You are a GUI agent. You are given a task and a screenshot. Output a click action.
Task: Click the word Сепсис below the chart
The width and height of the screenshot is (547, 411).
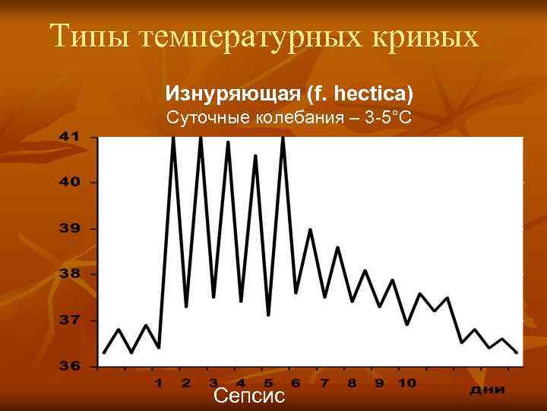tap(249, 396)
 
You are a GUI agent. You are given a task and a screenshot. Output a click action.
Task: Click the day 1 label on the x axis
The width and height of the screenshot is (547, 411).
tap(160, 382)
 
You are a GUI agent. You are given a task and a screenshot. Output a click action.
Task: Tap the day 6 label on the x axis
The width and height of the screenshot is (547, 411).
tap(296, 382)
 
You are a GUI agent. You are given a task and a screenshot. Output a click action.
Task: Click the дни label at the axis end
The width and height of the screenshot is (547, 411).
tap(486, 389)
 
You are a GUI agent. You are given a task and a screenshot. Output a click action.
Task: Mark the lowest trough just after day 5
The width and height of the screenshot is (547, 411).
tap(269, 314)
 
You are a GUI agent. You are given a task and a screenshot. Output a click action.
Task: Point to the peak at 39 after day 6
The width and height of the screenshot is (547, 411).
tap(310, 229)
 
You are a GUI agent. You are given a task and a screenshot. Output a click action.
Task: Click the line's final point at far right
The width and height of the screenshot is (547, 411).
tap(517, 352)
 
